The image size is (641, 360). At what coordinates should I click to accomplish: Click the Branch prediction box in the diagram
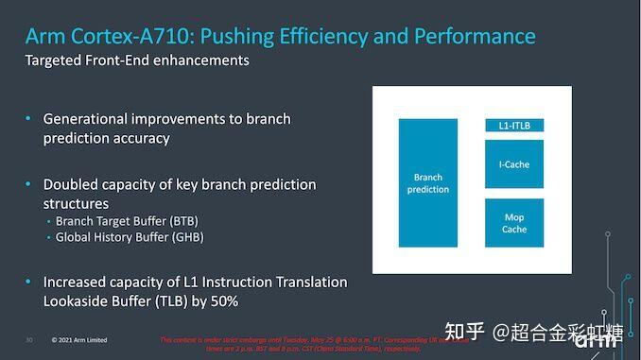point(428,182)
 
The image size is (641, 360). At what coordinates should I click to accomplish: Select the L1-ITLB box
point(514,126)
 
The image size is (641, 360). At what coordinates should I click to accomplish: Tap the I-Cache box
point(514,164)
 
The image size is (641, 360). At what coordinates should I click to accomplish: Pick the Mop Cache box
point(514,223)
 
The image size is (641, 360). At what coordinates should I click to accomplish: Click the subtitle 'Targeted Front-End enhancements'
point(137,60)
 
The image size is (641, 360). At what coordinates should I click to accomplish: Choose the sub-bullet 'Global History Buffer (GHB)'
point(130,237)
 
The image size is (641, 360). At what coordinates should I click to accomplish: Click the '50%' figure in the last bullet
point(220,300)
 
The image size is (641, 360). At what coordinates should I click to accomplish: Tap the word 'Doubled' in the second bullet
point(72,184)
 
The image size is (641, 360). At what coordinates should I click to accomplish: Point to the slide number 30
point(28,340)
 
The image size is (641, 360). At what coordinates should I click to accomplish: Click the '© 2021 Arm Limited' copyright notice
point(79,340)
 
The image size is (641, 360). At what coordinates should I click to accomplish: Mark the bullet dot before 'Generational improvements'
point(28,119)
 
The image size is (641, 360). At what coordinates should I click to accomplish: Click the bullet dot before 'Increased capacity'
point(28,283)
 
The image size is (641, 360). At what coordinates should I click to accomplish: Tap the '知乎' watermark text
point(466,332)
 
